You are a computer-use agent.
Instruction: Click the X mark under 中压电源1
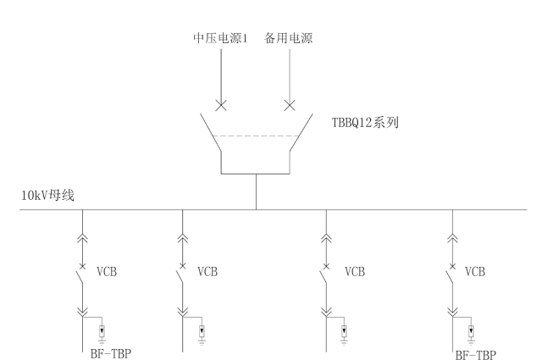220,106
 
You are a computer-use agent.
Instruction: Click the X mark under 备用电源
290,106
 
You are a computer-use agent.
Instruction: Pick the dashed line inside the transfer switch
255,136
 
